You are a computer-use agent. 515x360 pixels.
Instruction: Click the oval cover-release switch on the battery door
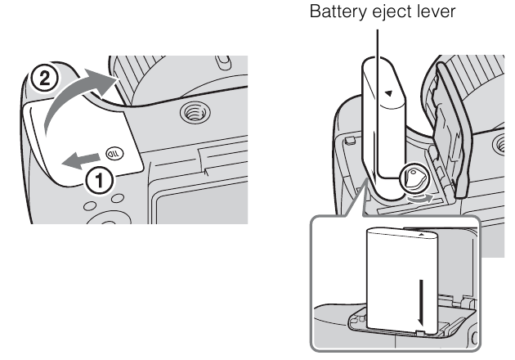(x=116, y=150)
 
